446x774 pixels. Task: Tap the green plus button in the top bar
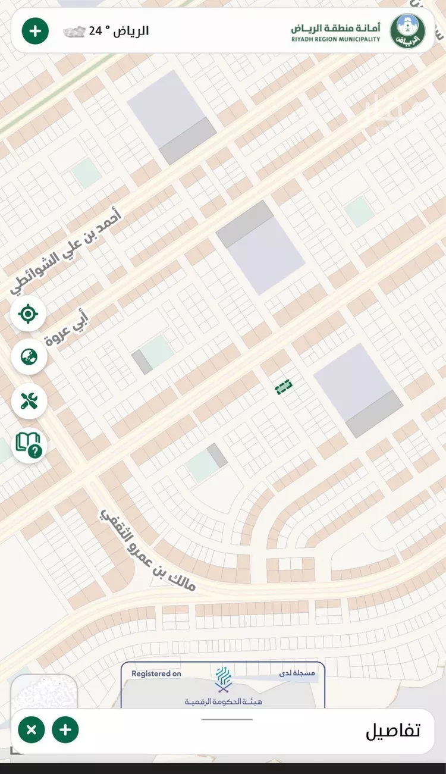click(x=35, y=31)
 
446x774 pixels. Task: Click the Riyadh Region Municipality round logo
click(x=407, y=31)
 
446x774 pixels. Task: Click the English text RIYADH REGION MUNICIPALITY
click(x=335, y=39)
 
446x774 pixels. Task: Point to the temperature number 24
click(x=95, y=31)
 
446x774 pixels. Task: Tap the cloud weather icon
click(x=74, y=32)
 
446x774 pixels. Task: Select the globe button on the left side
click(x=29, y=357)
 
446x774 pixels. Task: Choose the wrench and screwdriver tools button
click(x=29, y=401)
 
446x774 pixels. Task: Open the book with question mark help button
click(x=29, y=445)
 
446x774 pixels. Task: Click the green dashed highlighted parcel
click(x=284, y=387)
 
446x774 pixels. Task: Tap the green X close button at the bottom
click(x=32, y=729)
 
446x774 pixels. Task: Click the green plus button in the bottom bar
click(x=65, y=729)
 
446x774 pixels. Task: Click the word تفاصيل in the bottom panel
click(x=392, y=731)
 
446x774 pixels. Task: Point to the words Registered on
click(x=156, y=673)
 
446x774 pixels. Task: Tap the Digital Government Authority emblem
click(x=223, y=679)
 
